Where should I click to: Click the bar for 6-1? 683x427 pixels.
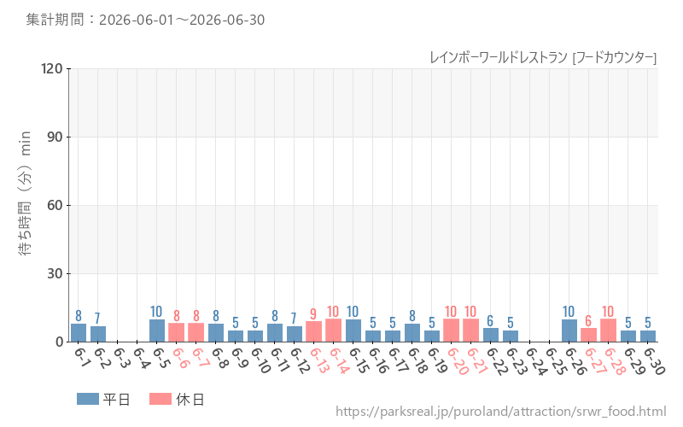(x=79, y=333)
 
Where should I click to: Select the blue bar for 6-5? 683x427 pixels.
(x=157, y=330)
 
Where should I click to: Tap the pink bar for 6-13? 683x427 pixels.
(x=313, y=331)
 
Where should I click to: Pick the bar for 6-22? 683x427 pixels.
(x=490, y=335)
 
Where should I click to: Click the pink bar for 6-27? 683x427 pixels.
(x=588, y=335)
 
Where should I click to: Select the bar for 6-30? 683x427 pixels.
(x=648, y=336)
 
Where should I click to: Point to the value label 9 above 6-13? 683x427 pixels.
(x=313, y=313)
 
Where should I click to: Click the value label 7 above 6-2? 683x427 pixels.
(x=97, y=319)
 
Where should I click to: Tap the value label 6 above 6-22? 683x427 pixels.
(x=490, y=321)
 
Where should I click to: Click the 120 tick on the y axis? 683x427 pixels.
(x=52, y=68)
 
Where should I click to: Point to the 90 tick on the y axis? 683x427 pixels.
(x=55, y=137)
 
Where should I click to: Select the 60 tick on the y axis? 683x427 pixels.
(x=55, y=205)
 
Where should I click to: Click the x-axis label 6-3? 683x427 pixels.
(x=122, y=358)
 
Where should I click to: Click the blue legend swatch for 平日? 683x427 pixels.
(x=88, y=399)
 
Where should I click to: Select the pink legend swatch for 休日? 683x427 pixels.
(x=161, y=399)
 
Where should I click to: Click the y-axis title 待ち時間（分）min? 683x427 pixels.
(x=26, y=193)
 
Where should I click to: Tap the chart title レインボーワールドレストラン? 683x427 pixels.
(x=499, y=57)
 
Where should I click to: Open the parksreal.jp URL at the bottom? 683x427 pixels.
(x=500, y=412)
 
